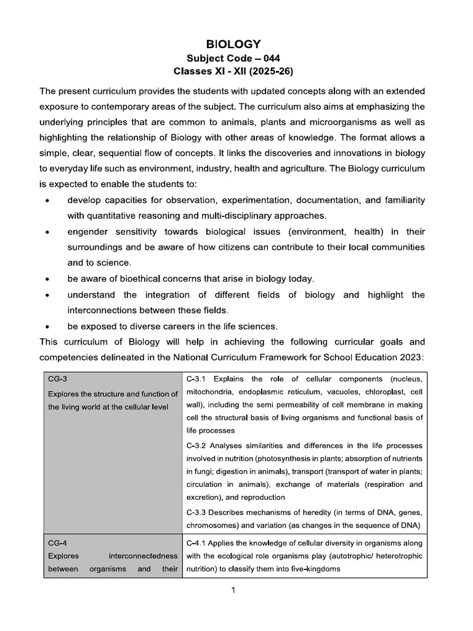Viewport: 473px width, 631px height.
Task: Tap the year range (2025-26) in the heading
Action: pos(264,71)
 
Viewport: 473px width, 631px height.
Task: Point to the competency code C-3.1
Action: pos(197,379)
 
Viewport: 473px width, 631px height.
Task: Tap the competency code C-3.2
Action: pos(197,445)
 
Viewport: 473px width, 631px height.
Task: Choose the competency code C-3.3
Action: pos(197,511)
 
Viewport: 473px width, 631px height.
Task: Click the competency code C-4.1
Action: pos(197,543)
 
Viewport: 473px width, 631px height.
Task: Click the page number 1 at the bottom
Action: pos(233,591)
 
